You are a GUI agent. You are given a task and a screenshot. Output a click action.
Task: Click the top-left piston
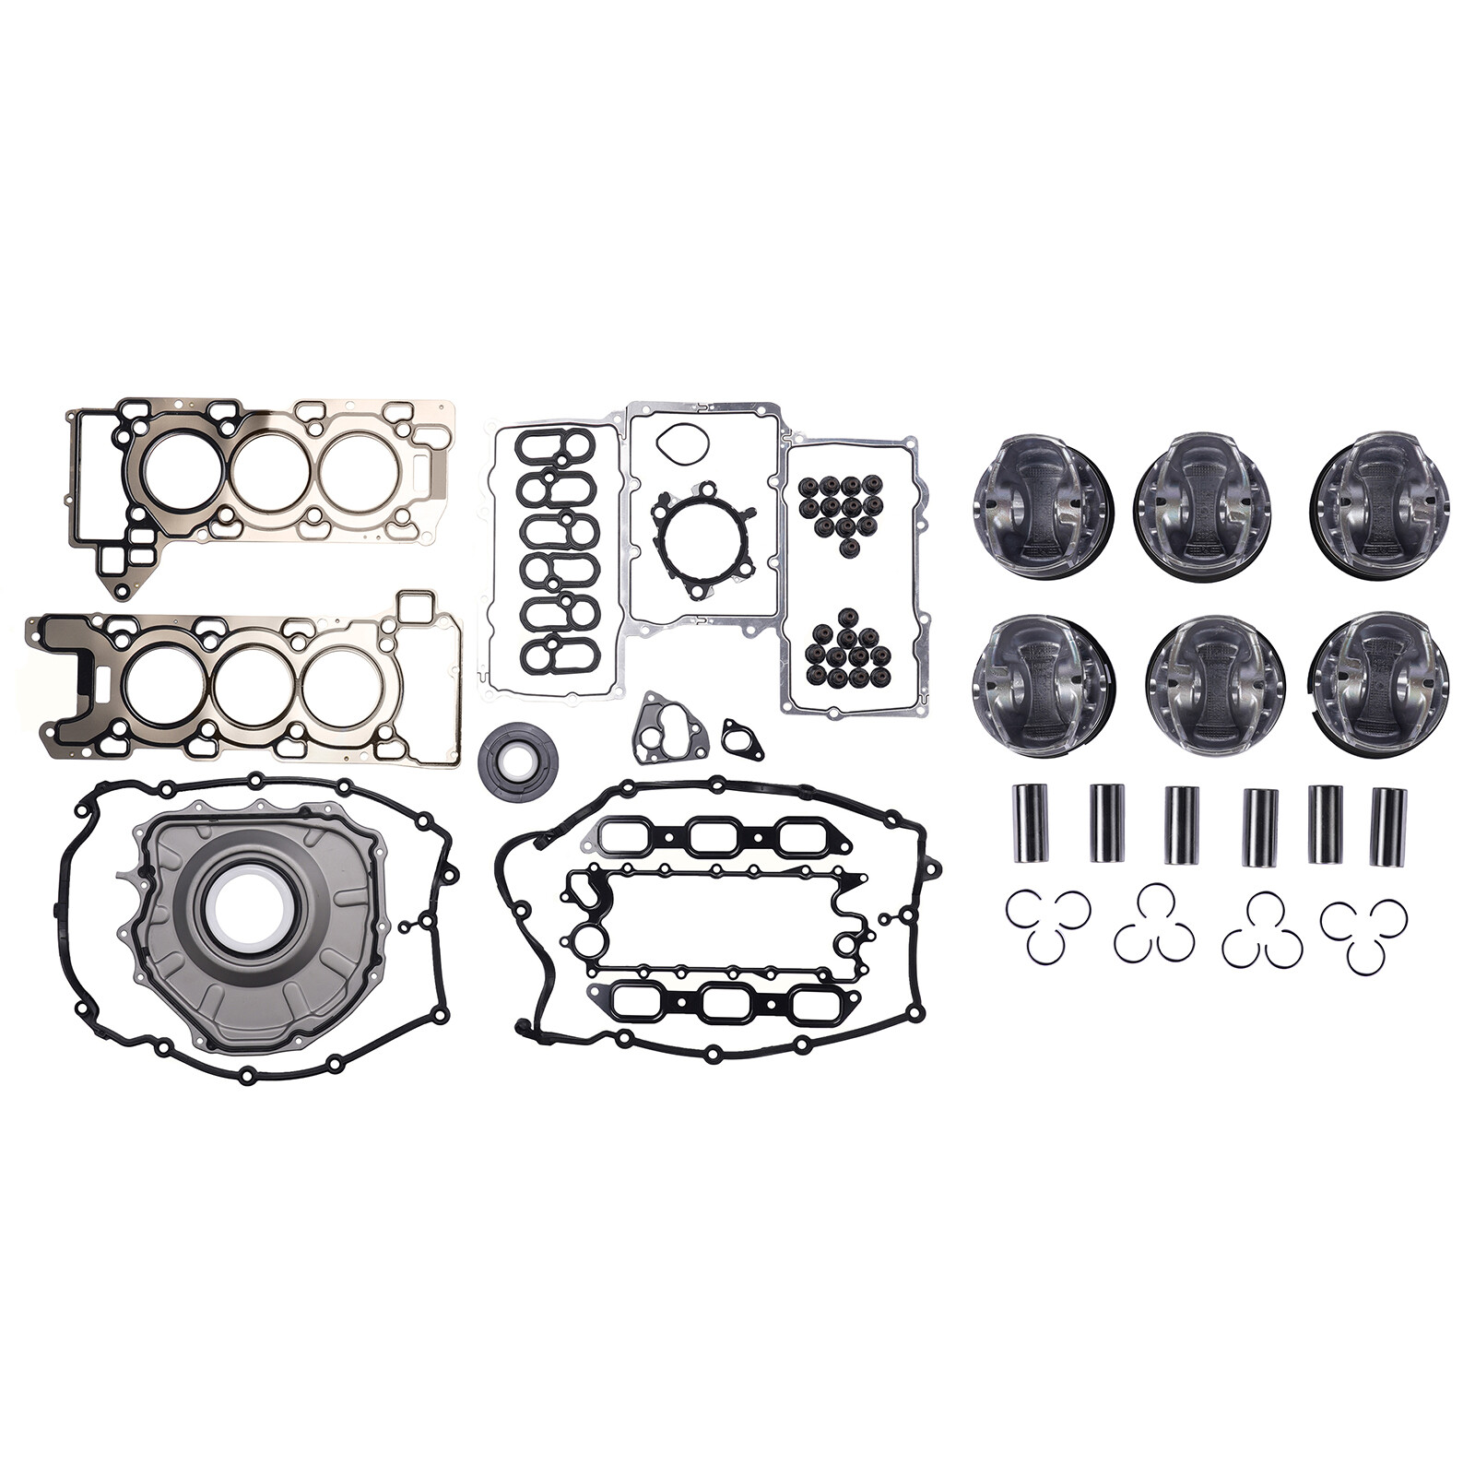click(x=1043, y=506)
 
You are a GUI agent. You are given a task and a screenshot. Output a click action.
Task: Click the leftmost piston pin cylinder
click(x=1027, y=823)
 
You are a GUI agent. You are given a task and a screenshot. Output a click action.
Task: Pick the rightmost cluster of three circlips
click(x=1364, y=931)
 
